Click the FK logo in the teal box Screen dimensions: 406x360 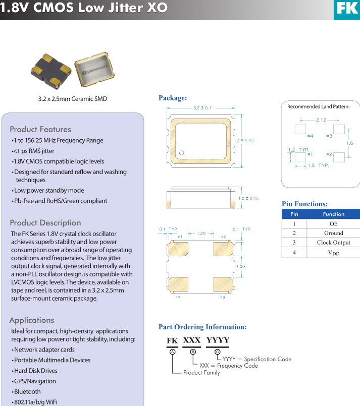(347, 10)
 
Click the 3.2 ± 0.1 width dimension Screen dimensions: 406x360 (202, 107)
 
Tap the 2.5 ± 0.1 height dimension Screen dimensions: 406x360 (246, 141)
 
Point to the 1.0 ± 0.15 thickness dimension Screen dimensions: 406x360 (247, 198)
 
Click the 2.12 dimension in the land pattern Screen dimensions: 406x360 (321, 120)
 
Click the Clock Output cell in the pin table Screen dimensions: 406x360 (333, 243)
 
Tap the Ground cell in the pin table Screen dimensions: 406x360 (333, 233)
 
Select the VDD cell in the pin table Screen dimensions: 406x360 (333, 253)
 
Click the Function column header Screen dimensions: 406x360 (333, 214)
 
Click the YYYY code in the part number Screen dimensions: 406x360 (218, 340)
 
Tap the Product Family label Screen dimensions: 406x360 (201, 373)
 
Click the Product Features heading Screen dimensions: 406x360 (40, 129)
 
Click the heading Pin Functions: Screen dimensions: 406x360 (304, 204)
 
